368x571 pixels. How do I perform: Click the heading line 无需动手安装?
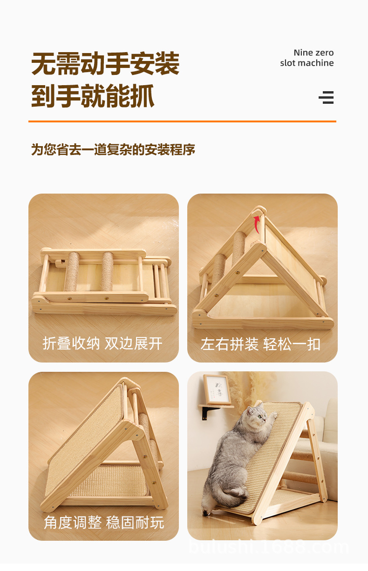tap(105, 63)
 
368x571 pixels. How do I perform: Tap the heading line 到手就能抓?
tap(93, 96)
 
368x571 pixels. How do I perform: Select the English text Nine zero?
tap(313, 53)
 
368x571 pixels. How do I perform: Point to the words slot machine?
tap(307, 63)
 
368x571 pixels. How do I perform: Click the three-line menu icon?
tap(326, 97)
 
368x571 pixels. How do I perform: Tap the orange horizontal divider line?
tap(182, 121)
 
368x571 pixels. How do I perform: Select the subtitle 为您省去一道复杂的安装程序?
tap(113, 149)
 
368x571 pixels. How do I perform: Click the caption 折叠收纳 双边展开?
tap(102, 343)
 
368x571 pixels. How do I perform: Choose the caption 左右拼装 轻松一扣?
tap(260, 344)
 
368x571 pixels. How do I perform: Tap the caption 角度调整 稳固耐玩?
tap(104, 522)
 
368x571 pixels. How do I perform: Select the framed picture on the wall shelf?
tap(217, 389)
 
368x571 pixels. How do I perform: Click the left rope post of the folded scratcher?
tap(72, 271)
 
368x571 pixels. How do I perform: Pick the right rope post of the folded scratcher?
tap(108, 271)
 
